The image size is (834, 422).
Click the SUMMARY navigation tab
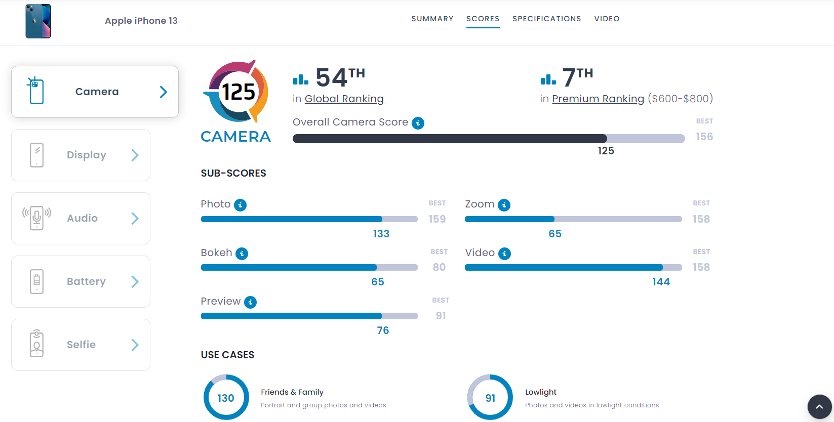click(432, 19)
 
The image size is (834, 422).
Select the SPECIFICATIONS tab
click(546, 19)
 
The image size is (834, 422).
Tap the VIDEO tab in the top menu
click(607, 19)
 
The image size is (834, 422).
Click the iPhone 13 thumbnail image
click(38, 21)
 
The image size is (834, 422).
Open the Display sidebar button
click(81, 155)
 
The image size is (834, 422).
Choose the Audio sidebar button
click(81, 218)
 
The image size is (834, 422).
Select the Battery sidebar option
click(81, 281)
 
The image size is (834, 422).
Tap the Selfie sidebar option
click(81, 345)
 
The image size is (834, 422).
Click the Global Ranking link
click(344, 99)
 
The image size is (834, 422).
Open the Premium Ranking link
click(598, 99)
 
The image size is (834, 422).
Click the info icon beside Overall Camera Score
click(418, 123)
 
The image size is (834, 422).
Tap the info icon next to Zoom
click(504, 205)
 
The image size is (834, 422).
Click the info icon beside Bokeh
click(242, 254)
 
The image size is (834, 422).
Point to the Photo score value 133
click(381, 234)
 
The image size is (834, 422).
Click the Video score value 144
click(661, 282)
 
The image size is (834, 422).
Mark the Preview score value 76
click(383, 330)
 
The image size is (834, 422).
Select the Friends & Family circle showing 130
click(226, 398)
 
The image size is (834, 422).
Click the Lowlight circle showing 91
click(490, 398)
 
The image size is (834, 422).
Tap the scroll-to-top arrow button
click(819, 407)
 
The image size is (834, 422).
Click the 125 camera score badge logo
click(236, 92)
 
